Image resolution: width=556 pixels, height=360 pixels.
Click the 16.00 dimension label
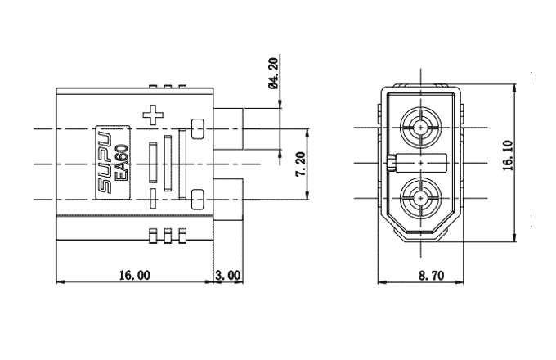click(134, 275)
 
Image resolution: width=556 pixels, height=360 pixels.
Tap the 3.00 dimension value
click(228, 275)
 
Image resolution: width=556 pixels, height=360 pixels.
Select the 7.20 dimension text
click(301, 164)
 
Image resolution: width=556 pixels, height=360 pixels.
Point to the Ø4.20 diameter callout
click(274, 74)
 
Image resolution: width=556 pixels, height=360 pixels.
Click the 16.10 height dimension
click(508, 155)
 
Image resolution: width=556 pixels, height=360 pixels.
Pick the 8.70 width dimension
click(431, 276)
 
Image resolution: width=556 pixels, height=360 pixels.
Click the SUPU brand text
click(105, 163)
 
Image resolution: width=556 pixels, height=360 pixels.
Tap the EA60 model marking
click(123, 163)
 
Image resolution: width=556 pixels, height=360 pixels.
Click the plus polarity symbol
click(153, 115)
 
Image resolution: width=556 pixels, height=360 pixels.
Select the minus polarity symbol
click(153, 198)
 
